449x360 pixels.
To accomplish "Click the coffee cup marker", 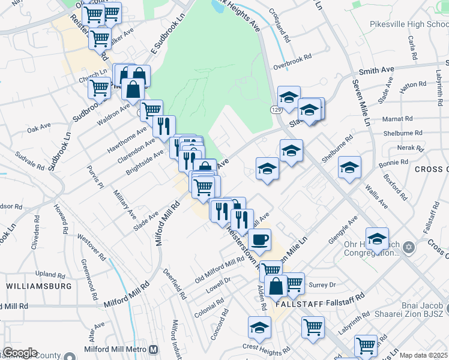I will point(259,239).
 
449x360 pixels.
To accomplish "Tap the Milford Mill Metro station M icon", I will point(154,350).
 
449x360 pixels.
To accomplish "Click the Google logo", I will point(20,353).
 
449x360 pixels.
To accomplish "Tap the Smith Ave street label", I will point(378,70).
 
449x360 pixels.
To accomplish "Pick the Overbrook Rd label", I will point(292,58).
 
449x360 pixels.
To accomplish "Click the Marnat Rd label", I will point(401,118).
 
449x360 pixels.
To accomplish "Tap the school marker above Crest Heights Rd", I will point(259,328).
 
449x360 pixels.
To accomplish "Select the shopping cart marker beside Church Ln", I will point(99,88).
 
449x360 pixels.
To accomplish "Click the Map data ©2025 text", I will point(424,355).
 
